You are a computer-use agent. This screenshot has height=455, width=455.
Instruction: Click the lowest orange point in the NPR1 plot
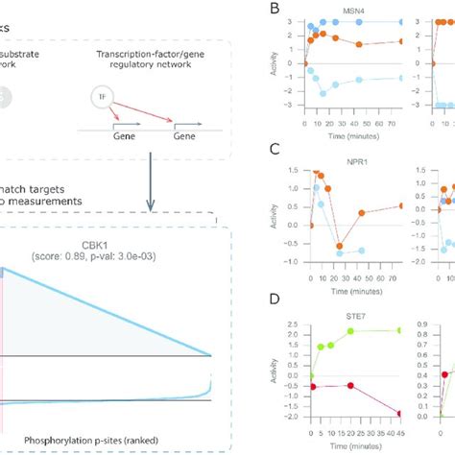click(340, 247)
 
